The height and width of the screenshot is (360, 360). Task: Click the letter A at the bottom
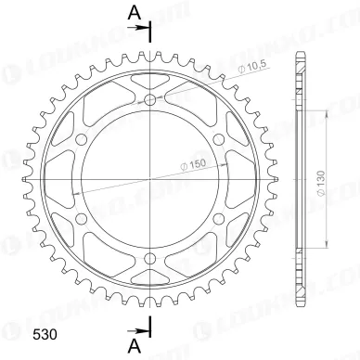(x=134, y=345)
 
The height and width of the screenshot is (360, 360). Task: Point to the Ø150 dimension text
(x=194, y=164)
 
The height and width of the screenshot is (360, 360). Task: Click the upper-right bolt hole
(x=219, y=139)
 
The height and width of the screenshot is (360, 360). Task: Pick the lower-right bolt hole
(x=219, y=221)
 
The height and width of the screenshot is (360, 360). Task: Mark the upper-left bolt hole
(x=81, y=139)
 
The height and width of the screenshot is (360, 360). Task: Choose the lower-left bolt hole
(x=81, y=221)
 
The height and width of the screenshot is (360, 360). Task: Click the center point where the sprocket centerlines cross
(x=150, y=181)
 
